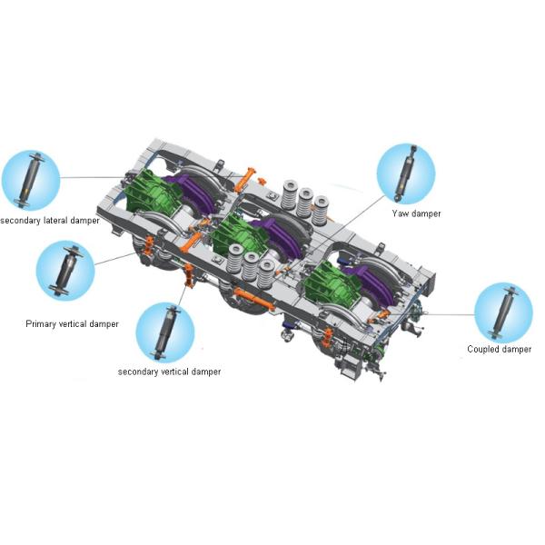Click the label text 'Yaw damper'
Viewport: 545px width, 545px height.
(x=416, y=213)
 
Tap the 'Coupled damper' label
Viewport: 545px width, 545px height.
(x=499, y=349)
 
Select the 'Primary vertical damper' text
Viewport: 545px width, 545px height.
(x=72, y=324)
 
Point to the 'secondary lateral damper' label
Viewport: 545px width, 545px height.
(x=50, y=221)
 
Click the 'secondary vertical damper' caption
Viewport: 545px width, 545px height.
(x=169, y=372)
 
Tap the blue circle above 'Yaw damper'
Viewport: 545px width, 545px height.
(x=406, y=173)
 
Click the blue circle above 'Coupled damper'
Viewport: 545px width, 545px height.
(x=503, y=312)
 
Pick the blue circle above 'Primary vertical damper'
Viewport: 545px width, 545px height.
(x=65, y=271)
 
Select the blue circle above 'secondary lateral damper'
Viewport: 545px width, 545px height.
(x=31, y=180)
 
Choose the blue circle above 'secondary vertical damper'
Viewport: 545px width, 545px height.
(x=165, y=332)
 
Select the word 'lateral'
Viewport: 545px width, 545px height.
(x=55, y=221)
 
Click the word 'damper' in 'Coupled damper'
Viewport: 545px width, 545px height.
(x=515, y=349)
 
